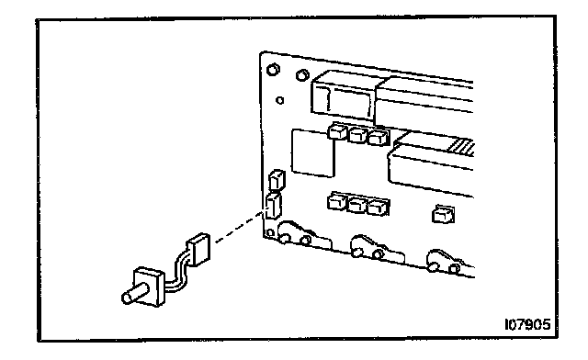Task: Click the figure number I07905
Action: click(x=527, y=324)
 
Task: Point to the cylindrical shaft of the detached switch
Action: click(x=134, y=295)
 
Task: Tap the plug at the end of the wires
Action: click(x=199, y=250)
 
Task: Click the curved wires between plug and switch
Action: click(x=180, y=273)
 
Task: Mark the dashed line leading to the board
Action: click(x=240, y=227)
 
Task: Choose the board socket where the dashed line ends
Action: click(x=274, y=207)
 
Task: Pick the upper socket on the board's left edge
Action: click(x=277, y=180)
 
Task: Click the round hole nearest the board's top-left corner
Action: click(x=273, y=70)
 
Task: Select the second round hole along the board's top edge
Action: click(x=302, y=75)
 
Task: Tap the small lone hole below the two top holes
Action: click(x=279, y=100)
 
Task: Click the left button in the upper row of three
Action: click(x=337, y=131)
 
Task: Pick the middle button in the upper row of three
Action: click(x=357, y=134)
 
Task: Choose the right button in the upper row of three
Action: click(x=378, y=137)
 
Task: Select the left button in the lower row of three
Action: click(x=337, y=202)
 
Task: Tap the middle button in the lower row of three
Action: click(x=357, y=205)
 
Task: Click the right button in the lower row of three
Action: click(x=378, y=207)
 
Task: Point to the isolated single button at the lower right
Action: click(x=444, y=214)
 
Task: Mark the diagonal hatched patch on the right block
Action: click(x=462, y=147)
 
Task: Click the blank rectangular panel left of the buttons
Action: click(x=312, y=153)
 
